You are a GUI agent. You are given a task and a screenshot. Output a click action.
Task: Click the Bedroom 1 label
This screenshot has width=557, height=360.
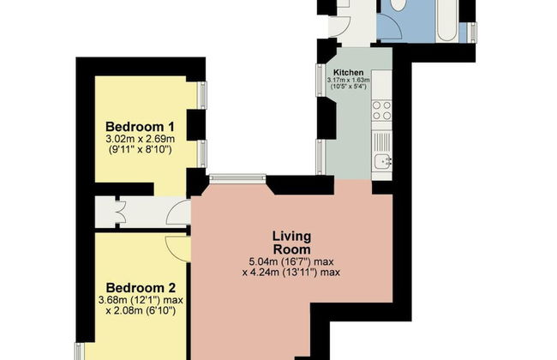tap(140, 127)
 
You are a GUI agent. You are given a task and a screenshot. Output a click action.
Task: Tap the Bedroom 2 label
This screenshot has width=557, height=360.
tap(141, 287)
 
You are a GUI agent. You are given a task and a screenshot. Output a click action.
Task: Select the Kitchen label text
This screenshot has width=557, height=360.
tap(349, 73)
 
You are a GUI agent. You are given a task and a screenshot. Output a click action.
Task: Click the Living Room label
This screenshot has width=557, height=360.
tap(291, 243)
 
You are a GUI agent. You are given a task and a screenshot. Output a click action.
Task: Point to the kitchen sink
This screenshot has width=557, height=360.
tap(382, 162)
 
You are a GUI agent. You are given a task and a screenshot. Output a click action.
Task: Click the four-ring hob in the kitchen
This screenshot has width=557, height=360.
tap(381, 111)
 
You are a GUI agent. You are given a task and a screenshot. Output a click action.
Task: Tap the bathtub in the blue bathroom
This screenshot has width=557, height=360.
tap(446, 21)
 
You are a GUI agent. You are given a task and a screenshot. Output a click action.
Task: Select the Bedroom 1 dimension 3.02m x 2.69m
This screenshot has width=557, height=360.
tap(141, 139)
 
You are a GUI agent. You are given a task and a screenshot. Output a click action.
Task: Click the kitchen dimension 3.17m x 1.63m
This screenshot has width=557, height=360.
tap(349, 81)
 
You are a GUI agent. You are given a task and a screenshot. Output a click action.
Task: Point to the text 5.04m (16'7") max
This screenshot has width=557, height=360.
tap(291, 262)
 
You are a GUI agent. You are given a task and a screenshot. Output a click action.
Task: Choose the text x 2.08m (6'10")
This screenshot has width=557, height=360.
tap(141, 311)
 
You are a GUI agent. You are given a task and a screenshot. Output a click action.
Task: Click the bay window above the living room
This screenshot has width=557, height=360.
tap(237, 178)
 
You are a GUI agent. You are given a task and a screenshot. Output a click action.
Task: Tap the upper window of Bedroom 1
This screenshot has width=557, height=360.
tap(201, 95)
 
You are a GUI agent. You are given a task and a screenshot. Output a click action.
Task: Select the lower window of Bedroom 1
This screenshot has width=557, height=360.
tap(201, 153)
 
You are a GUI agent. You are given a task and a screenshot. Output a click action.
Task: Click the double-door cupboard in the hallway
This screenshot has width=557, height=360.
tap(117, 213)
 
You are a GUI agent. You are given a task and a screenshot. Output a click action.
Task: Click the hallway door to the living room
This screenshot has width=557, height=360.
tap(179, 213)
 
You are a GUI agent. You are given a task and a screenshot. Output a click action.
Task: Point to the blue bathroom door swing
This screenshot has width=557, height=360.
tap(389, 26)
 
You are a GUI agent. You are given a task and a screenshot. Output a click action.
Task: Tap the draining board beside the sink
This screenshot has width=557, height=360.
tap(382, 142)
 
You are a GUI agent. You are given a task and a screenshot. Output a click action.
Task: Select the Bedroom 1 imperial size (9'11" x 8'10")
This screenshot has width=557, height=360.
tap(140, 150)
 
